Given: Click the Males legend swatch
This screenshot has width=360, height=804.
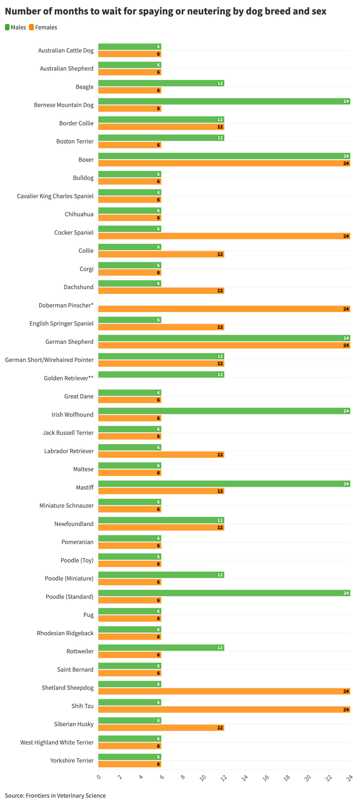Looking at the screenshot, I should click(7, 27).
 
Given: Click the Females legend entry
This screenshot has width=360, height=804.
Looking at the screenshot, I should click(43, 27).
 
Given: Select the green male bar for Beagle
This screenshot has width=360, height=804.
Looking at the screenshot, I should click(161, 83).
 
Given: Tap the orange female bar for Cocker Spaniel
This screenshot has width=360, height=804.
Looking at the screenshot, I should click(224, 236).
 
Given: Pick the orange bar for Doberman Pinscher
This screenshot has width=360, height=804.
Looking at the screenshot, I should click(224, 309).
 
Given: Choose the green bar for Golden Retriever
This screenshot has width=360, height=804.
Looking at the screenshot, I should click(161, 375).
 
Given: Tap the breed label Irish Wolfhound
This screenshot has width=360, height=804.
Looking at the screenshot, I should click(72, 414).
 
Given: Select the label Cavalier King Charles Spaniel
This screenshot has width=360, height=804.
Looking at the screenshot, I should click(55, 196).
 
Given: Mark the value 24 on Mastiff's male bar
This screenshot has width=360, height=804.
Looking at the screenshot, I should click(346, 484).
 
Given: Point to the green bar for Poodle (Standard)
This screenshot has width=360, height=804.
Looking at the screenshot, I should click(224, 593).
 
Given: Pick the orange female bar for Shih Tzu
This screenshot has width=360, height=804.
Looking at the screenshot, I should click(224, 709).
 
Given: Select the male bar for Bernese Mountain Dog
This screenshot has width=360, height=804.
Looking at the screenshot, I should click(224, 101).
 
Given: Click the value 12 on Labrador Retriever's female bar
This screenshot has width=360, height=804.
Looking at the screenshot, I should click(220, 455).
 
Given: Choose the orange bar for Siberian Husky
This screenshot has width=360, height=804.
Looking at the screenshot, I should click(161, 728).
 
